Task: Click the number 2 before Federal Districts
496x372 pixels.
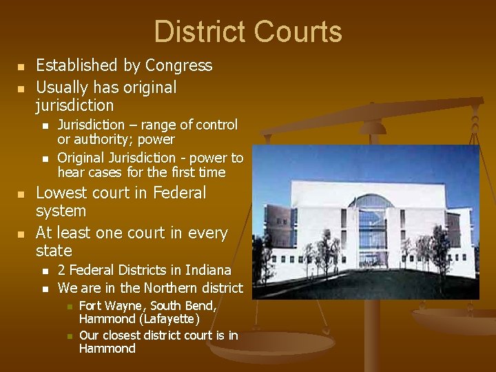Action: click(62, 270)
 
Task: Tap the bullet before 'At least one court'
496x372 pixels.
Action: click(21, 234)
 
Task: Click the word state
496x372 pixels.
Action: click(54, 250)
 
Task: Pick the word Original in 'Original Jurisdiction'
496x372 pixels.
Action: click(83, 158)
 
